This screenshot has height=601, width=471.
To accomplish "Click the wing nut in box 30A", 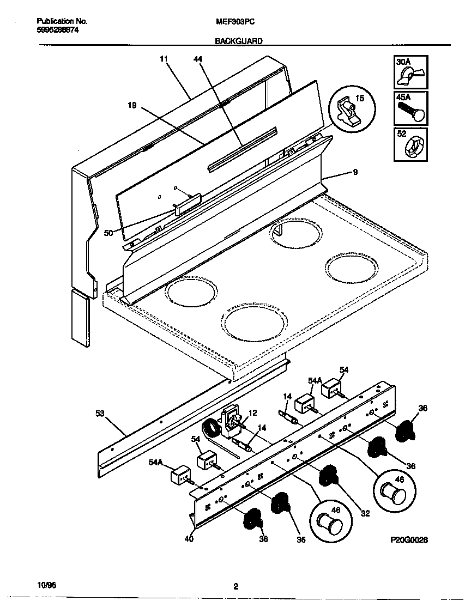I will pyautogui.click(x=409, y=76).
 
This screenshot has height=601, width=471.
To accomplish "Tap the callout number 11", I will pyautogui.click(x=164, y=58).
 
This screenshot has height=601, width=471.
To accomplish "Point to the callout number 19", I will pyautogui.click(x=132, y=106).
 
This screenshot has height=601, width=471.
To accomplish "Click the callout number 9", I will pyautogui.click(x=355, y=173).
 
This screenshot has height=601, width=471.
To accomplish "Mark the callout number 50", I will pyautogui.click(x=108, y=233).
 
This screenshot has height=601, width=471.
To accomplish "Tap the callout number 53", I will pyautogui.click(x=100, y=414).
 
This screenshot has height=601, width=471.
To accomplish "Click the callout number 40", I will pyautogui.click(x=188, y=540).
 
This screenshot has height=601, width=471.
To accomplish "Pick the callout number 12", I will pyautogui.click(x=252, y=413).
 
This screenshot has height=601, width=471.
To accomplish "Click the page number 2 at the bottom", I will pyautogui.click(x=235, y=587).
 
